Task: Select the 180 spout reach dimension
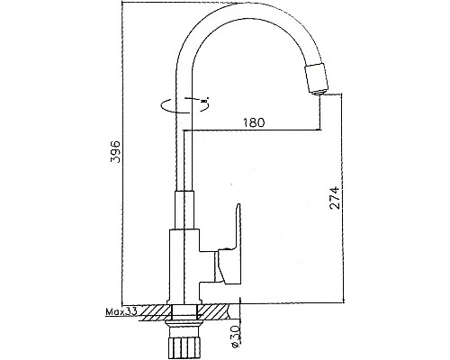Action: (254, 122)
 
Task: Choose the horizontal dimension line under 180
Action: (254, 131)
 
